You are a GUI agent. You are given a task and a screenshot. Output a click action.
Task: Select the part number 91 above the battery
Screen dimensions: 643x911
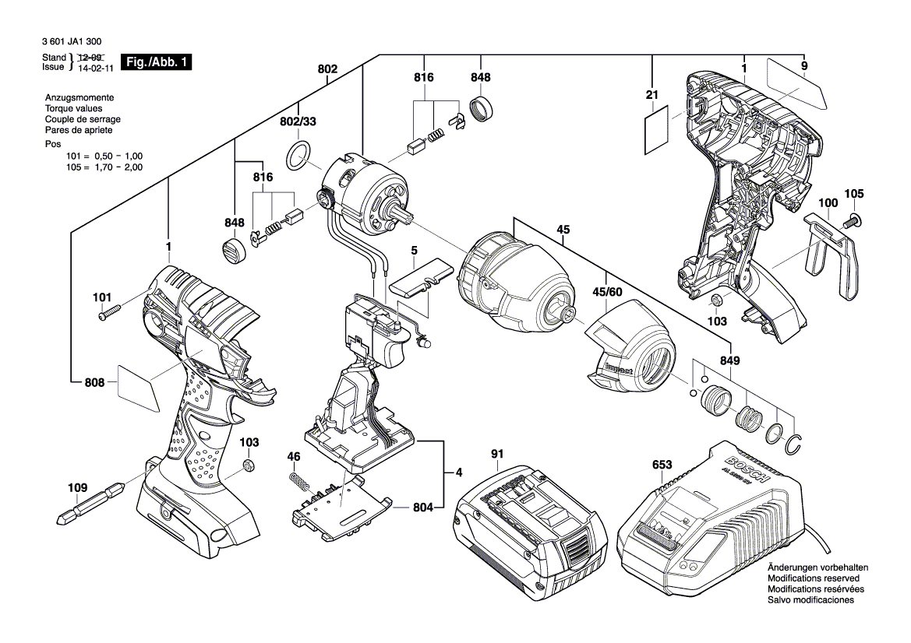[497, 453]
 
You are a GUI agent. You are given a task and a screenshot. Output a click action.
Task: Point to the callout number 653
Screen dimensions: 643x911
[662, 465]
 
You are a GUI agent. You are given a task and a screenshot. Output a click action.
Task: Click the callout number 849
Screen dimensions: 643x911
[730, 360]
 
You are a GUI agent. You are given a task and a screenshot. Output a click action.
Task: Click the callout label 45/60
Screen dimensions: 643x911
[608, 292]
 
